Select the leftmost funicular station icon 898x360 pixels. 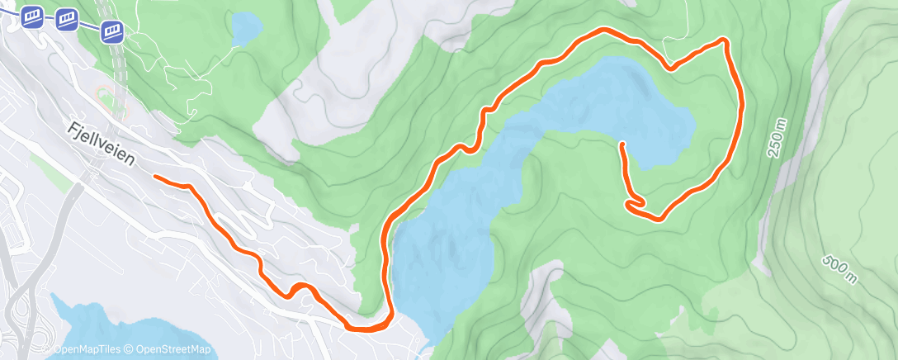point(33,16)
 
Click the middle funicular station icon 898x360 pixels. point(68,19)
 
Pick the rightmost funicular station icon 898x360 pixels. point(112,31)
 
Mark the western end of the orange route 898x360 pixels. point(156,177)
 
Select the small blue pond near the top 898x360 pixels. point(244,29)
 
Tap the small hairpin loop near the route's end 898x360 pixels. point(634,202)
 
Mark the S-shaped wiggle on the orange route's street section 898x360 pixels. point(299,288)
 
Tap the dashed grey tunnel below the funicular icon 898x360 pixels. point(120,74)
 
